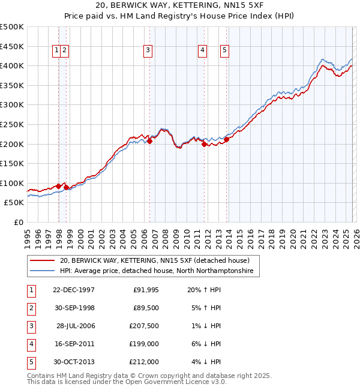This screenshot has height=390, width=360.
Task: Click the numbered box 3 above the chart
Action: [148, 51]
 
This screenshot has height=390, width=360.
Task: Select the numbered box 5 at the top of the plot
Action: [224, 51]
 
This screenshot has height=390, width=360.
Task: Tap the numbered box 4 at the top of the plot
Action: [203, 51]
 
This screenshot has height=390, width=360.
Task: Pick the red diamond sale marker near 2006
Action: [149, 141]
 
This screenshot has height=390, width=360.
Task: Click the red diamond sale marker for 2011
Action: [204, 144]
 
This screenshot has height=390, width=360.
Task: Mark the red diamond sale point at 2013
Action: [227, 139]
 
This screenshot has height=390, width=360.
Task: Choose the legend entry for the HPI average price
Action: [156, 271]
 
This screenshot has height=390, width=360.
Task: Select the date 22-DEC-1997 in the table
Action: [74, 290]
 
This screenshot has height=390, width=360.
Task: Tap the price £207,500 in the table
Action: [143, 326]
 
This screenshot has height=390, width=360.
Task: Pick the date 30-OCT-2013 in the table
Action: [74, 362]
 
